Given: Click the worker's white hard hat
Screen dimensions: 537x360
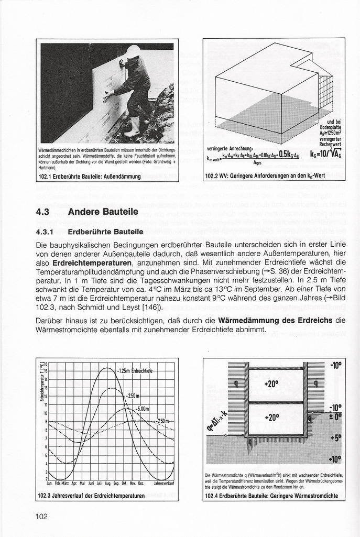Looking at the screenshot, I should [134, 51].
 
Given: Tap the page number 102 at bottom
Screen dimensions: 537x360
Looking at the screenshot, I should [41, 517].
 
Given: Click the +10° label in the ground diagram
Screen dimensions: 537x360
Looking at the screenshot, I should [333, 459].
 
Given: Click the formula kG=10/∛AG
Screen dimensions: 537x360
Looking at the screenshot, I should [325, 155].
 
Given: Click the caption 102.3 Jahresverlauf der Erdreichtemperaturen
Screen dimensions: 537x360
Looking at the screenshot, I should [92, 495].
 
